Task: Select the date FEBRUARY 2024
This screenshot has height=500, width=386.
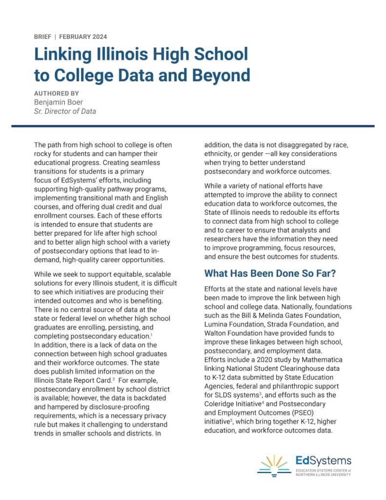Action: (x=83, y=37)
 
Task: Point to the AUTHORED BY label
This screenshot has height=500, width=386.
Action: (x=57, y=93)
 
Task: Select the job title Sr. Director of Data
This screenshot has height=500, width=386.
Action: (x=65, y=111)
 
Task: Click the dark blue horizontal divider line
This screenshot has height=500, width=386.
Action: (x=193, y=126)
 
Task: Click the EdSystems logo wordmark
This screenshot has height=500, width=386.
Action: (x=324, y=460)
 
